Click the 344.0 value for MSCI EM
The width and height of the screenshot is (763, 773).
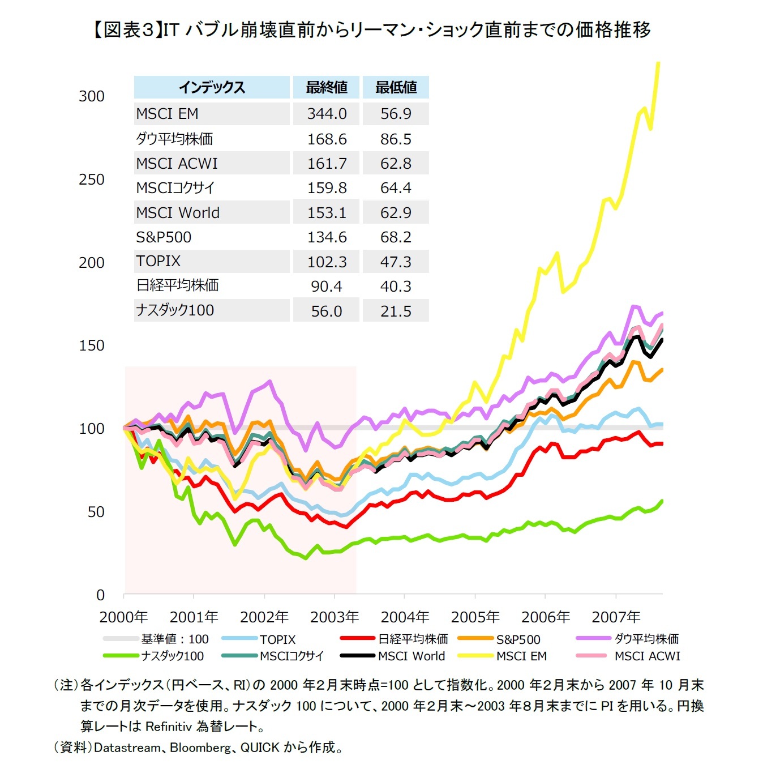(x=327, y=114)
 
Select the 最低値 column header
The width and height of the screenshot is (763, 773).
(x=396, y=87)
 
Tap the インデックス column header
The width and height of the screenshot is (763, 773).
(x=212, y=87)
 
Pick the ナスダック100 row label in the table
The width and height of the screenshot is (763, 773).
(x=175, y=310)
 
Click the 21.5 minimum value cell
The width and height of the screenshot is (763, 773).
(x=396, y=311)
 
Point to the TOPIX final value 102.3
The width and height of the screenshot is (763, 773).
(x=327, y=262)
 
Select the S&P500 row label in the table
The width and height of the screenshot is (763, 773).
(x=164, y=237)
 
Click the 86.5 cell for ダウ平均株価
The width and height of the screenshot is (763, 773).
(x=396, y=139)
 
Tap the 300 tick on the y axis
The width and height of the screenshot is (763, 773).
(x=92, y=96)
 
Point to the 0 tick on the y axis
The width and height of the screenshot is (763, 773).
(x=100, y=595)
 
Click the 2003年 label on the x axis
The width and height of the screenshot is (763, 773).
(x=335, y=617)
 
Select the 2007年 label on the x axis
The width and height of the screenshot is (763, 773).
(x=616, y=617)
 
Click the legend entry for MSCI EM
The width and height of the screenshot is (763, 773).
(x=521, y=656)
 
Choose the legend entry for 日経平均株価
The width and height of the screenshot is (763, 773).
(x=413, y=639)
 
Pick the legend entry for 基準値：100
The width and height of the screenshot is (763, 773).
(x=174, y=639)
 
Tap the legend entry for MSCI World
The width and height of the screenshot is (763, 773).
(x=411, y=656)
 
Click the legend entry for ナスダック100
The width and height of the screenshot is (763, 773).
(x=172, y=656)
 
